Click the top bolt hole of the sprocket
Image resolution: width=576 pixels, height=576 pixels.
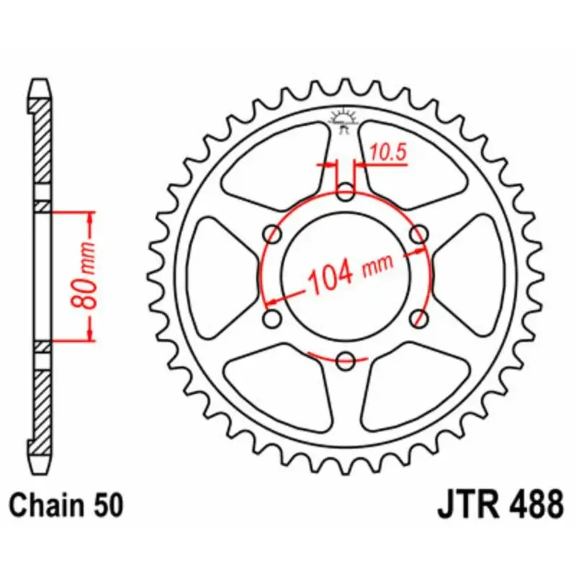point(346,192)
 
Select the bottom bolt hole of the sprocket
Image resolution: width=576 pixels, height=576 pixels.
point(346,359)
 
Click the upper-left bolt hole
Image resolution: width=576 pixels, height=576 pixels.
point(273,234)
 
